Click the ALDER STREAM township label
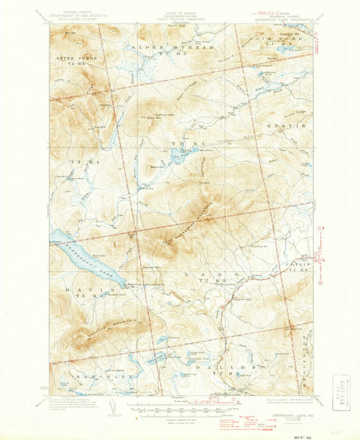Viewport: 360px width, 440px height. click(x=159, y=47)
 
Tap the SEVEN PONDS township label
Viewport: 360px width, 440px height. click(x=71, y=56)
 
